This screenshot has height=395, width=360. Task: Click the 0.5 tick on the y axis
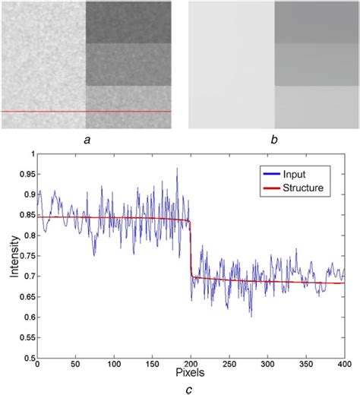point(29,357)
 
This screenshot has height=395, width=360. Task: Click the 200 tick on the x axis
point(190,365)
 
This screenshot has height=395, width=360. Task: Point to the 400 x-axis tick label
point(343,365)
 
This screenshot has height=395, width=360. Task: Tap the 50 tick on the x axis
point(74,365)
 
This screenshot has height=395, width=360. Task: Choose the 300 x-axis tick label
point(267,365)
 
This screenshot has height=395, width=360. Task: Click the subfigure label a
point(88,139)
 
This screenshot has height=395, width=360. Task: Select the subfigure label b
point(271,139)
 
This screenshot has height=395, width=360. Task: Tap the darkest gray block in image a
point(128,21)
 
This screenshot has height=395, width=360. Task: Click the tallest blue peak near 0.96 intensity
point(177,169)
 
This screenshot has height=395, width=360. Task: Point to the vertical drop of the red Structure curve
point(190,251)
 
